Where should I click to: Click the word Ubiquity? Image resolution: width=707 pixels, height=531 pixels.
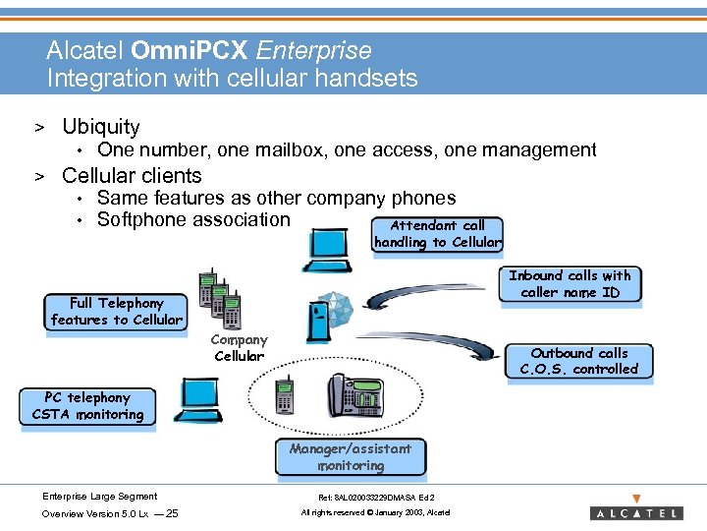[100, 127]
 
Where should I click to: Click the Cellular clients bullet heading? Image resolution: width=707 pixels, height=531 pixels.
[132, 176]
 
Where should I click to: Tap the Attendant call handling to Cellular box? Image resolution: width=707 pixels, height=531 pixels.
[437, 234]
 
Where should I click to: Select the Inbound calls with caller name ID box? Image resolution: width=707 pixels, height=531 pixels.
[570, 284]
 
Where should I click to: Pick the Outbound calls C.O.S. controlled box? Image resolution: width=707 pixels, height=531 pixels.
[578, 361]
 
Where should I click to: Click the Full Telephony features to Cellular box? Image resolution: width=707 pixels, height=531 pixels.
[116, 312]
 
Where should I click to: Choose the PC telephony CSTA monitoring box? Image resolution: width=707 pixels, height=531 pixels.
[87, 406]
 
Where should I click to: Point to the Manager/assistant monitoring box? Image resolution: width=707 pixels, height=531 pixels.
[351, 456]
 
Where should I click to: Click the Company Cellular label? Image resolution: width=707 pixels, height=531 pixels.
[239, 348]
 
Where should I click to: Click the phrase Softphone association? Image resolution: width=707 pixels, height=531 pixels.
[193, 219]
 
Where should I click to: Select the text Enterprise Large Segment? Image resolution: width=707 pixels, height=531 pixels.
[99, 497]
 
